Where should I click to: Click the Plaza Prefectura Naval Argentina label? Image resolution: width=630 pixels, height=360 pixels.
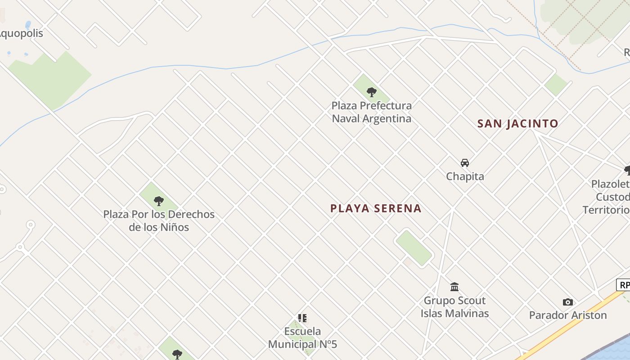[371, 112]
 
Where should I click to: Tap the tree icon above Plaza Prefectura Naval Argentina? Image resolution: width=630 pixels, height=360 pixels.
[371, 92]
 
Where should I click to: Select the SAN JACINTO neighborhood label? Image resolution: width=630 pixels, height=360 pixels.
[517, 123]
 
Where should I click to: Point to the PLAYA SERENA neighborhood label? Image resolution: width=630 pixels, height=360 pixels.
[376, 208]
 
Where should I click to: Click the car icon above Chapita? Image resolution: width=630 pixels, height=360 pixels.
[464, 163]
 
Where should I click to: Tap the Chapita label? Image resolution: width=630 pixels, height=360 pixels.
[465, 176]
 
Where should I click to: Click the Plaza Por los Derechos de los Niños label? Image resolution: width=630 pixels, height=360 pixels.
[159, 220]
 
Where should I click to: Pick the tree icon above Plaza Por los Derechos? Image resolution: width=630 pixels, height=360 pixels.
[158, 201]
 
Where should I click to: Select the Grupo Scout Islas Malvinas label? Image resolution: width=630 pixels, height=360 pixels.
[454, 307]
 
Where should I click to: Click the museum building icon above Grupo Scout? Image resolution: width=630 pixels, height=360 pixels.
[454, 287]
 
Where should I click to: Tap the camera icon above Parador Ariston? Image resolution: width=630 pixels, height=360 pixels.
[568, 302]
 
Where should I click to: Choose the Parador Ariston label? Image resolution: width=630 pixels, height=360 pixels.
[568, 315]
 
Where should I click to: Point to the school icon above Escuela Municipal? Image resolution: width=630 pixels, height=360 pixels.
[302, 318]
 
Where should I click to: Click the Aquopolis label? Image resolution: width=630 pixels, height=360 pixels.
[20, 33]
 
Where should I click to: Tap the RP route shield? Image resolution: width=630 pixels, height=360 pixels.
[624, 285]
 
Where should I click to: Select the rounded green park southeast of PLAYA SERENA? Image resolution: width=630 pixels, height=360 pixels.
[414, 247]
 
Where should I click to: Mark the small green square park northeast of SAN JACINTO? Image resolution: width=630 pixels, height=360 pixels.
[556, 84]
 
